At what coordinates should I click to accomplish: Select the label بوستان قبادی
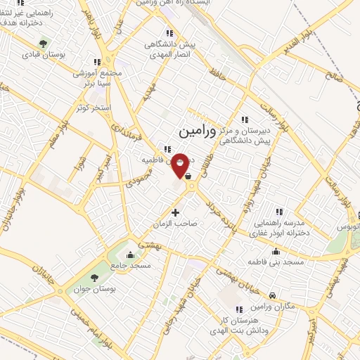(x=44, y=53)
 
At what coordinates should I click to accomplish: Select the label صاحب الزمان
(x=175, y=223)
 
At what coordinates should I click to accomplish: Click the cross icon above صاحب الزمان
(x=175, y=212)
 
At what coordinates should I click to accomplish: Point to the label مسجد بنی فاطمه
(x=275, y=262)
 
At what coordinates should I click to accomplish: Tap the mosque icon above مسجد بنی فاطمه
(x=275, y=251)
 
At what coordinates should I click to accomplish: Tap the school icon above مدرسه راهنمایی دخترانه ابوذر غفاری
(x=279, y=211)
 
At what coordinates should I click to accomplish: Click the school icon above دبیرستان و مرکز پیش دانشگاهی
(x=245, y=119)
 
